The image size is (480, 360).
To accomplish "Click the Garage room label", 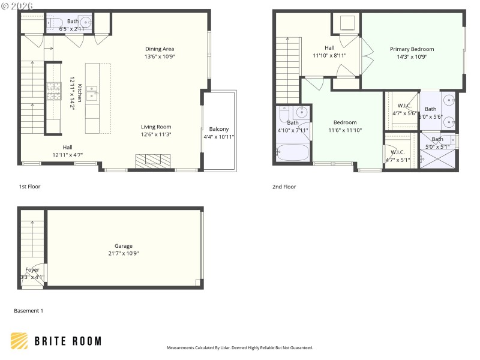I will point(124,245).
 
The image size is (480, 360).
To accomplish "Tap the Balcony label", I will point(218,129).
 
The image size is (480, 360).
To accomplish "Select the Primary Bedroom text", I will point(412,49).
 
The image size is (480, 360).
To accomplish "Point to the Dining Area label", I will point(159,49).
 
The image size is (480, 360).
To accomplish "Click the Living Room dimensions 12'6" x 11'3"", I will point(156,134).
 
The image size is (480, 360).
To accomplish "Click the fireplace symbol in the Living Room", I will point(153,161).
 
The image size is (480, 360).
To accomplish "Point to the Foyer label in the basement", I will point(32,269).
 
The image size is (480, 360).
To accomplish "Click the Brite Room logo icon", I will point(19,341).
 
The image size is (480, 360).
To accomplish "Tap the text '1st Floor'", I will point(30,187).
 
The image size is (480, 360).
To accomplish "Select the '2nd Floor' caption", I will point(284,187).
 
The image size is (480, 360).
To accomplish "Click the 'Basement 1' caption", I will point(28,311).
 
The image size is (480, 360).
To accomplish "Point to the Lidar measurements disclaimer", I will point(239,347).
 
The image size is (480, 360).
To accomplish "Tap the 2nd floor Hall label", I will point(329,48).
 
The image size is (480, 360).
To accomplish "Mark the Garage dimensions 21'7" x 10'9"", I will point(124,253).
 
